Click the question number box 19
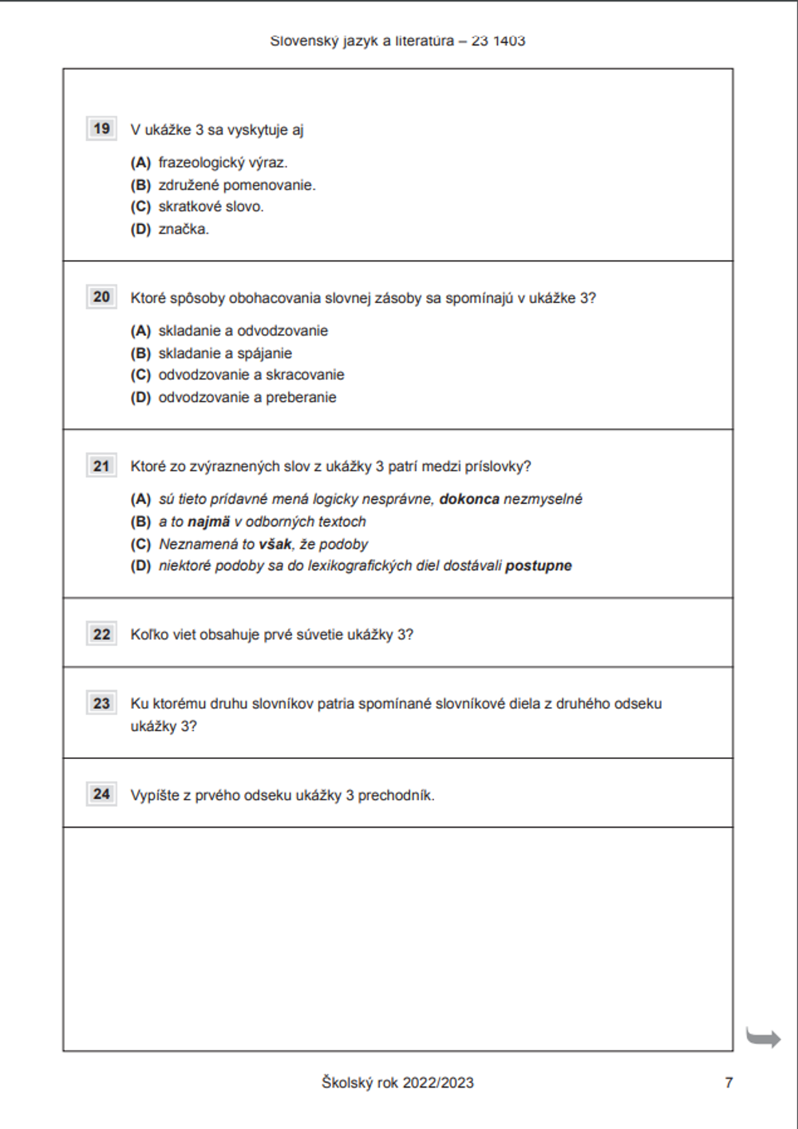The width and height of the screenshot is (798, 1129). tap(101, 128)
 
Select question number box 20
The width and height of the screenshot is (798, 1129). tap(101, 297)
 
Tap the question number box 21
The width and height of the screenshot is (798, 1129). tap(101, 466)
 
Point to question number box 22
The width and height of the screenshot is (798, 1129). tap(101, 634)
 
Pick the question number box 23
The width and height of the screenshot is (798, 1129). tap(101, 703)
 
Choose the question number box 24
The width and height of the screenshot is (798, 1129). tap(101, 794)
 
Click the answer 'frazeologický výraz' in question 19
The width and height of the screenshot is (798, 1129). tap(223, 163)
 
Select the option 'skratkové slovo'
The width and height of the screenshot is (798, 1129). tap(211, 207)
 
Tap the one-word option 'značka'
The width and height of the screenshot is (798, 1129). tap(184, 229)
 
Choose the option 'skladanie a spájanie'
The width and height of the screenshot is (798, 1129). tap(225, 353)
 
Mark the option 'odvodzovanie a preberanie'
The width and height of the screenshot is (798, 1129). tap(247, 397)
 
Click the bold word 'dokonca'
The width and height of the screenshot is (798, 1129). tap(469, 499)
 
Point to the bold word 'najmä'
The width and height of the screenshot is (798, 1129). tap(208, 521)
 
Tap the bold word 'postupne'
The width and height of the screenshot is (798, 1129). tap(539, 566)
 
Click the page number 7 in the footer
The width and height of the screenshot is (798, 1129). tap(729, 1082)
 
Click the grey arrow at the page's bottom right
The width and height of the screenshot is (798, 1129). tap(763, 1037)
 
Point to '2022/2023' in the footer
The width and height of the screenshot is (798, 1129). tap(438, 1083)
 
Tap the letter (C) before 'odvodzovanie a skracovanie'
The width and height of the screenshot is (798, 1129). tap(140, 375)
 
